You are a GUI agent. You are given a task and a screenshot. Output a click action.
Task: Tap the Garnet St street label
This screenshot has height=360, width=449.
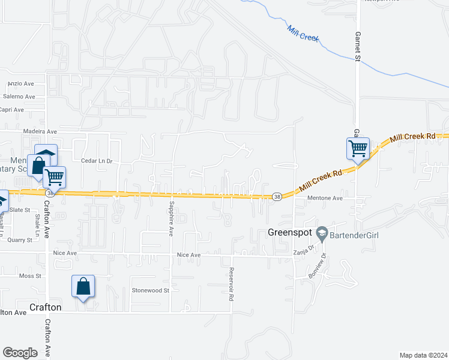coord(357,46)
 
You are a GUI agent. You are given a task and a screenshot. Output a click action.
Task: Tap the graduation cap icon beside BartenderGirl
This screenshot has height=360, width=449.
coord(322,233)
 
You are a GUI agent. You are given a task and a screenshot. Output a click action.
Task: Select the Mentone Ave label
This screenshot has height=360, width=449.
coord(325,198)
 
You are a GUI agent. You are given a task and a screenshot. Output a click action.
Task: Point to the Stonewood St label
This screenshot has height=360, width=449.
coord(151,290)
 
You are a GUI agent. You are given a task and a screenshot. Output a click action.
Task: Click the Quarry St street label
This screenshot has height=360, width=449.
coord(20,240)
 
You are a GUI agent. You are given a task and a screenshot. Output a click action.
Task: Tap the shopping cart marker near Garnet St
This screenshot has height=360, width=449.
coord(358,148)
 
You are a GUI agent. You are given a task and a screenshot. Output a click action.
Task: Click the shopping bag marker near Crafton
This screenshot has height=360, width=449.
coord(83,286)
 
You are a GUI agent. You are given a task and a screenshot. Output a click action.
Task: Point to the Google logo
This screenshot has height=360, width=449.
coord(20,353)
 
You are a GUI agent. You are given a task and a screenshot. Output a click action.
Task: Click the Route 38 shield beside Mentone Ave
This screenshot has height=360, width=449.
coord(277,196)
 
